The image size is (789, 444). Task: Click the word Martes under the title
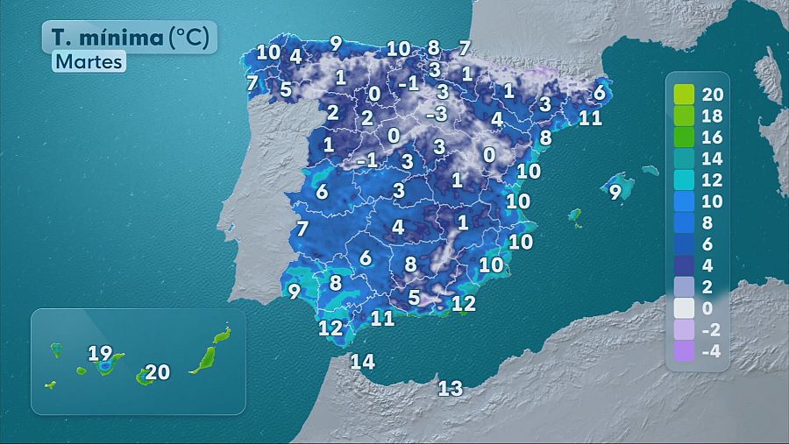click(89, 62)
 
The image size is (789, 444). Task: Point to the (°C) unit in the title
click(189, 37)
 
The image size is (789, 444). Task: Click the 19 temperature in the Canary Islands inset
click(101, 355)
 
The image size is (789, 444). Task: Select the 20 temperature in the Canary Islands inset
click(158, 372)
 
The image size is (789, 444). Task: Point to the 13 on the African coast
click(451, 389)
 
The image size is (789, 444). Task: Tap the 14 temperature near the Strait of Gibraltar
click(362, 361)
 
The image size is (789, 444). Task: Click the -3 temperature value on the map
click(437, 114)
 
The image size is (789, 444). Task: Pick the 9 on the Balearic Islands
click(616, 191)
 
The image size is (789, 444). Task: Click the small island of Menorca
click(650, 170)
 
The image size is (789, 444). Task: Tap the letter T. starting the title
click(60, 37)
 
